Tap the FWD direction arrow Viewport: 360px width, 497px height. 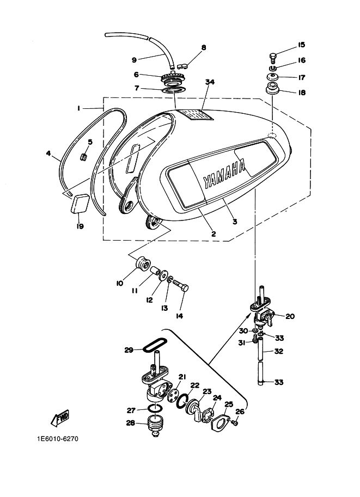pyautogui.click(x=58, y=419)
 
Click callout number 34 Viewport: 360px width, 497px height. pyautogui.click(x=210, y=82)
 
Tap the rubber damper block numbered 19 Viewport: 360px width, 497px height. pyautogui.click(x=80, y=204)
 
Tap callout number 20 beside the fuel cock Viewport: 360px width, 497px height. pyautogui.click(x=289, y=316)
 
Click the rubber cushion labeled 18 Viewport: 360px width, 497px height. pyautogui.click(x=272, y=89)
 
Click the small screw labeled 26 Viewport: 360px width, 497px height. pyautogui.click(x=235, y=423)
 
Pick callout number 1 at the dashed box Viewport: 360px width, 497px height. pyautogui.click(x=78, y=108)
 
